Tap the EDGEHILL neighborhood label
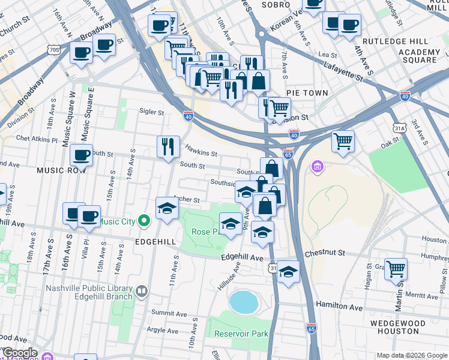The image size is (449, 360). (156, 241)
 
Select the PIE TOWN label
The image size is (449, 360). (307, 93)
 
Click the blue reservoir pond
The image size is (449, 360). (243, 302)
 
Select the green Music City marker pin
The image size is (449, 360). (143, 221)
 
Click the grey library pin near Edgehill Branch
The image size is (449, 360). (142, 292)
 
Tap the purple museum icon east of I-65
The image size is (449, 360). (316, 166)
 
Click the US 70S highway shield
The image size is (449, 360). (54, 50)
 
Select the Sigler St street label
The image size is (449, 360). (151, 112)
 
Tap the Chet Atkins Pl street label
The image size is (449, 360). (36, 139)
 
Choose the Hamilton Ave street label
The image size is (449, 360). (340, 306)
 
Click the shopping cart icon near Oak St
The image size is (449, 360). (343, 142)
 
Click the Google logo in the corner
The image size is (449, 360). (19, 353)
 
